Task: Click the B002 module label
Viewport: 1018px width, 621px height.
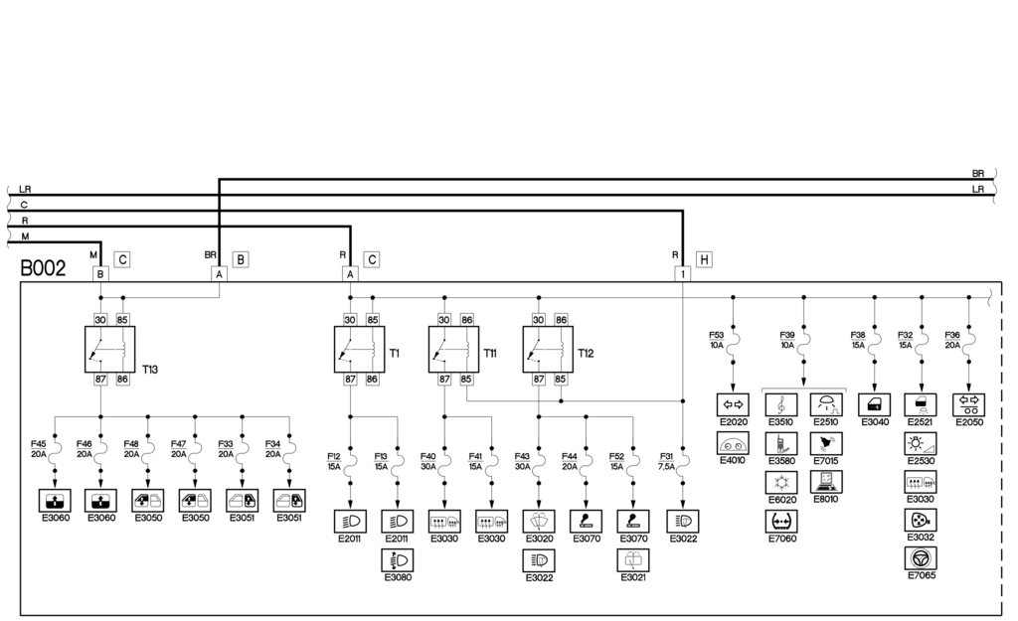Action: [43, 269]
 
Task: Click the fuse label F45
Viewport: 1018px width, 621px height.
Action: [39, 449]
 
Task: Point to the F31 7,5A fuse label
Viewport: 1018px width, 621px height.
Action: [666, 460]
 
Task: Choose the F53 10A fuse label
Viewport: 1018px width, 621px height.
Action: [717, 340]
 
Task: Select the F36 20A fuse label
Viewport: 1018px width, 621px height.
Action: [952, 340]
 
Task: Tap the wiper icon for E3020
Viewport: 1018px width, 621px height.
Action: [539, 521]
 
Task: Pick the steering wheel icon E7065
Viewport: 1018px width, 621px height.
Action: [922, 557]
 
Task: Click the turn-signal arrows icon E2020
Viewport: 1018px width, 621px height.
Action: [732, 404]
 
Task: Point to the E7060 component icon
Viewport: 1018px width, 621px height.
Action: [780, 521]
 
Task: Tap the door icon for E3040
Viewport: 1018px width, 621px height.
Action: [874, 404]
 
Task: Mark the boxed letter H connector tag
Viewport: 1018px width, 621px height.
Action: [704, 259]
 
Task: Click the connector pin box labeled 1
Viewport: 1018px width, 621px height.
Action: [683, 273]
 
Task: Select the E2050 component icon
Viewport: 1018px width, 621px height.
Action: [968, 404]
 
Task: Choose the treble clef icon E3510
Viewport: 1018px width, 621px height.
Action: [780, 404]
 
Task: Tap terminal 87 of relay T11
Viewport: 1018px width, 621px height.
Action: [444, 379]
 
